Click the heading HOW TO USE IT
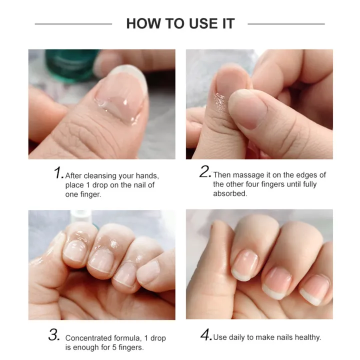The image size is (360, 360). pos(180,23)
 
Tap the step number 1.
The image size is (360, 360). pos(58,173)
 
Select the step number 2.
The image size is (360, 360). pos(205,172)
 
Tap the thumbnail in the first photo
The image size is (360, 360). pos(120,95)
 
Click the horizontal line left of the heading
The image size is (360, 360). pos(73,23)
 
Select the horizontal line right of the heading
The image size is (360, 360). pos(286,23)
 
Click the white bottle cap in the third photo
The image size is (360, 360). pos(79,215)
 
